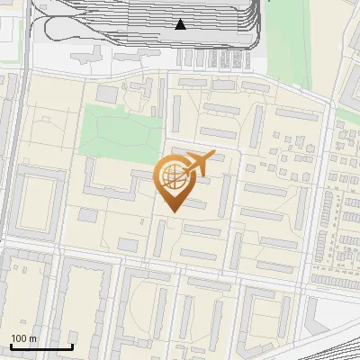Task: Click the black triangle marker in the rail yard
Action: pos(181,24)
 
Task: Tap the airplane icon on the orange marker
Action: pos(200,164)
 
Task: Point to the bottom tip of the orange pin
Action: pos(172,211)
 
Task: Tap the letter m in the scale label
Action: pos(34,338)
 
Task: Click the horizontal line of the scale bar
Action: pos(41,346)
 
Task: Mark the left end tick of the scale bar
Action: pos(11,345)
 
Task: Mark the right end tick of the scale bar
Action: pos(72,345)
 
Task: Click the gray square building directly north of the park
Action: pos(107,93)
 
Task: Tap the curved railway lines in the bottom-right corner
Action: pos(337,337)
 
